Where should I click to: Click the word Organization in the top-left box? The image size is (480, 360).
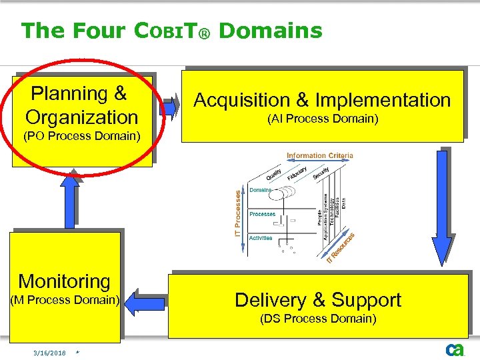pos(81,117)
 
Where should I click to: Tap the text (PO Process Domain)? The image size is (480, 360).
pos(81,137)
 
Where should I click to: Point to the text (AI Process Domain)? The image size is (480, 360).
pos(323,119)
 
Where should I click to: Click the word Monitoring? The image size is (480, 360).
pos(64,281)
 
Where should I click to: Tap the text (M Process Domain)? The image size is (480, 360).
pos(64,300)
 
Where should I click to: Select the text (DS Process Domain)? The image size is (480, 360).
pos(319,319)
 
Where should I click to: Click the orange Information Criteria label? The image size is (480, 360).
pos(320,156)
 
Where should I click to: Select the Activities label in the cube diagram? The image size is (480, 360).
pos(261,238)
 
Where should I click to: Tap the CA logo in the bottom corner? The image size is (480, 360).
pos(455,349)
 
